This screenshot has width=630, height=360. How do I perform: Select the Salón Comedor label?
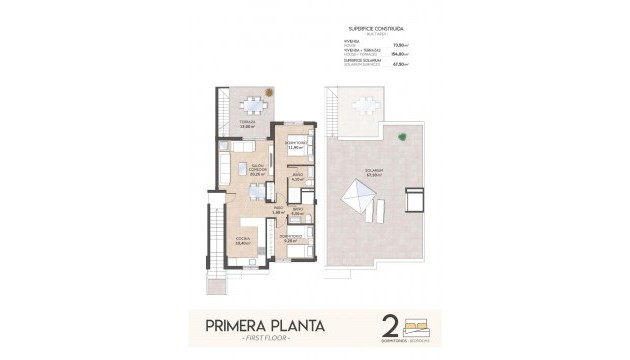click(256, 171)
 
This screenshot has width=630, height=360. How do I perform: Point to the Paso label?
click(279, 211)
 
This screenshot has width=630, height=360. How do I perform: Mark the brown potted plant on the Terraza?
click(268, 91)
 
